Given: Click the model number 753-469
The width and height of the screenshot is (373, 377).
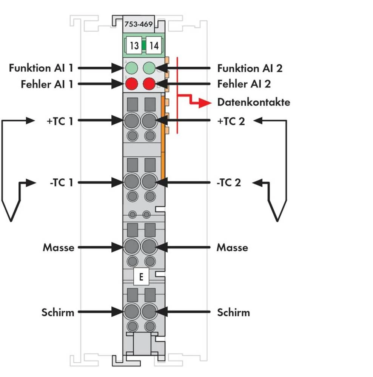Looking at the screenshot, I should pos(138,25).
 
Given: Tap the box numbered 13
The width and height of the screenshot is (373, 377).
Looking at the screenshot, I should pos(134,46).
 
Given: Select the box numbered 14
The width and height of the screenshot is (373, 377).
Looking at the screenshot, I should pos(154,46).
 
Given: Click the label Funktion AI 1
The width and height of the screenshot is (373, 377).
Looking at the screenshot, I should pos(41,68).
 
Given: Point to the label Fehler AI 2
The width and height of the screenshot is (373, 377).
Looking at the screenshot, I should pos(244,84).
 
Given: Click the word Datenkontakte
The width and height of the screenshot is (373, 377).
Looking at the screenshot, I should pos(254,102).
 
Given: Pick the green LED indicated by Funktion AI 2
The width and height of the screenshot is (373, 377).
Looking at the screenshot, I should pos(150,68).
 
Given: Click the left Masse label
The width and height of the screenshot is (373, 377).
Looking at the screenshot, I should pos(59,248).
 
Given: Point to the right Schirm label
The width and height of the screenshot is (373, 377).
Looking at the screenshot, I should pos(233,313).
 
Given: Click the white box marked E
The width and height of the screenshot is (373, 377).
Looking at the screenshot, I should pos(141,277).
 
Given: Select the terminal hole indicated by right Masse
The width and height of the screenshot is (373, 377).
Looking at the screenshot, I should pos(150,247).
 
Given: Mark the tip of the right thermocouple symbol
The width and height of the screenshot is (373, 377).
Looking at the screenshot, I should pos(277,221).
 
